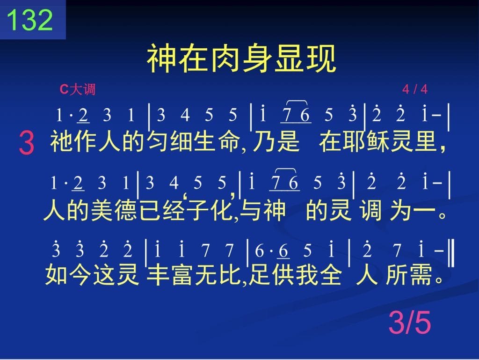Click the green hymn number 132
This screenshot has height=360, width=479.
point(29,20)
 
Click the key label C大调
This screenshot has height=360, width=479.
point(78,89)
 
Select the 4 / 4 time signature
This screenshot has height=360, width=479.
point(415,89)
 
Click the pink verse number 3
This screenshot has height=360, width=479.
point(27,142)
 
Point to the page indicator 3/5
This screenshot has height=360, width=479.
point(410,322)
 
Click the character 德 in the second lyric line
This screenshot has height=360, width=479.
point(126,210)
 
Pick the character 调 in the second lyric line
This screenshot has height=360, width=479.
point(370,210)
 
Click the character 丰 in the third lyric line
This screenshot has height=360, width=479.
point(158,274)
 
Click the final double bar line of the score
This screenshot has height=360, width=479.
point(452,254)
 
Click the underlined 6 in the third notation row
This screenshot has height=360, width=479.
point(283,250)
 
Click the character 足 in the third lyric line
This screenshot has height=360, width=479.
point(259,274)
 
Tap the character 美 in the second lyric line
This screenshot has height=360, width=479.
point(102,210)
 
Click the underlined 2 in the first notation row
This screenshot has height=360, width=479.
point(83,115)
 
